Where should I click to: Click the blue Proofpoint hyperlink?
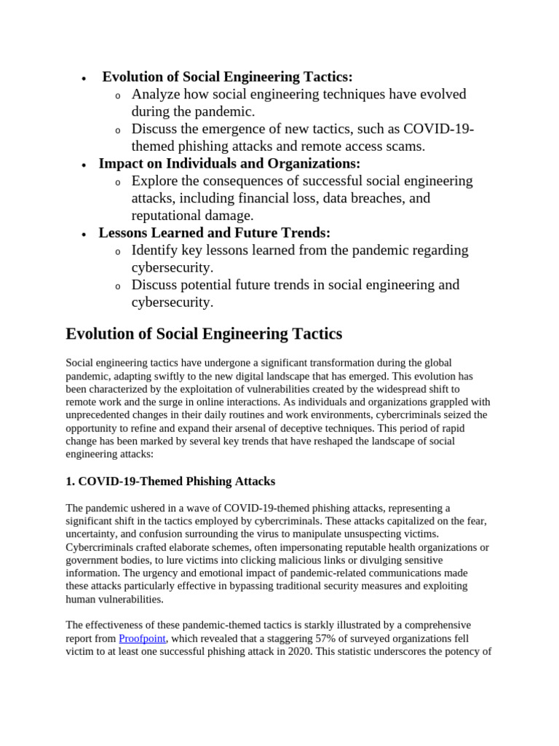tap(142, 638)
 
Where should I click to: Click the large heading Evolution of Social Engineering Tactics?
tap(203, 334)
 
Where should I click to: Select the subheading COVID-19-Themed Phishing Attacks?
tap(170, 481)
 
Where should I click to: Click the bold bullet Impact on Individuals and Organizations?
tap(229, 163)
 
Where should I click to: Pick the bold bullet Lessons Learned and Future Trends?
tap(214, 232)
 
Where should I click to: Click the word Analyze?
tap(156, 94)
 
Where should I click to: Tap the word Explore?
tap(155, 181)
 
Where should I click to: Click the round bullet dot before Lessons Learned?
tap(84, 234)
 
